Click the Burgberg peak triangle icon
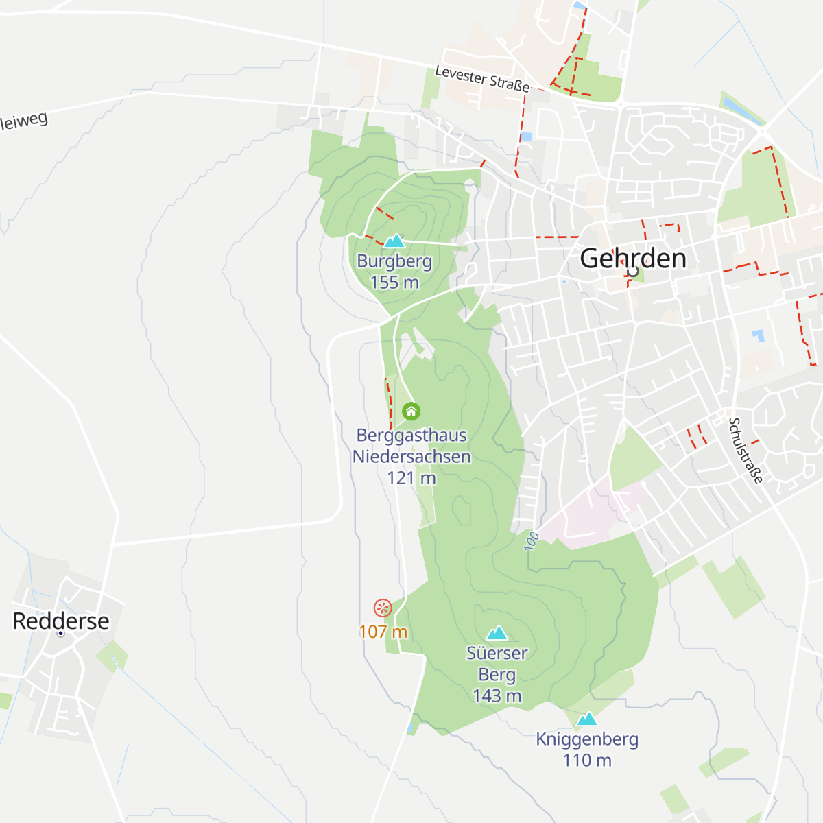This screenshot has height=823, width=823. pos(394,241)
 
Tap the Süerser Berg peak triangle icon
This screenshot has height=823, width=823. pos(497,633)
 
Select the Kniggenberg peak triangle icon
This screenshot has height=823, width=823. pos(586,719)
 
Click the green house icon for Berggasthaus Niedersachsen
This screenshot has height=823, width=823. pos(411,411)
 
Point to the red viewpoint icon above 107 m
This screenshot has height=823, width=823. pos(382,608)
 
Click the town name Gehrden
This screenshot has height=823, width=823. pos(632,259)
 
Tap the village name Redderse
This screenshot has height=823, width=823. pos(61,621)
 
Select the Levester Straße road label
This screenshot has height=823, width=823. pos(482,79)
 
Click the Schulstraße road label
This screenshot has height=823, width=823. pos(746,451)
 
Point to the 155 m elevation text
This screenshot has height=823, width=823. pos(394,283)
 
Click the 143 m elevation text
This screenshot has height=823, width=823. pos(497,695)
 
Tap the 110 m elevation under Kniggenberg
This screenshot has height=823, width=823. pos(586,761)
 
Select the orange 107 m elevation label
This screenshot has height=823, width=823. pos(383,632)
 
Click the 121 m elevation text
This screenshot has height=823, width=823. pos(411,478)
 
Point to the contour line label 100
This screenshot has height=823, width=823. pos(532,541)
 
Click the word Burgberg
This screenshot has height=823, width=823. pos(394,261)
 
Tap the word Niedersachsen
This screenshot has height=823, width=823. pos(411,457)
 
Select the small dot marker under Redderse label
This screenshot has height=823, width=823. pos(60,633)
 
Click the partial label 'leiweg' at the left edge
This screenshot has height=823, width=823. pos(25,121)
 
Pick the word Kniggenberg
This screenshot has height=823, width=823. pos(586,739)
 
